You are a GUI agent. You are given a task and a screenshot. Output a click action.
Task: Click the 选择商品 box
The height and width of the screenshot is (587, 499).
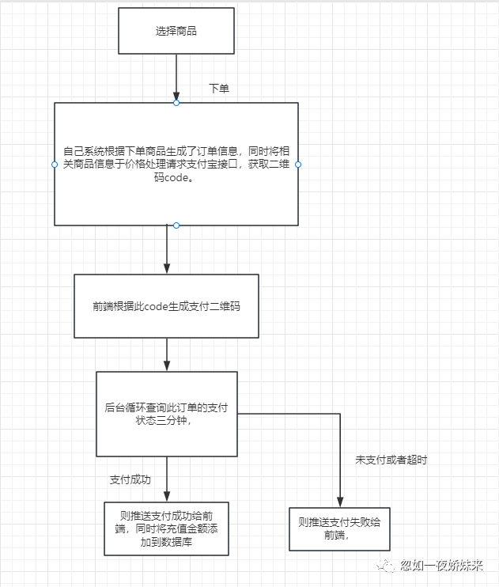click(176, 32)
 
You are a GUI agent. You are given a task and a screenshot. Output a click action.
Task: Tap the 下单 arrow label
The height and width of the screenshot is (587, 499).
click(219, 89)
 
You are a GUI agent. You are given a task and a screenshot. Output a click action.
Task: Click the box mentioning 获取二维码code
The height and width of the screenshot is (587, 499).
click(176, 164)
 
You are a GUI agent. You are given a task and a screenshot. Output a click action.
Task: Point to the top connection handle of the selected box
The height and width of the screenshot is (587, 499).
click(176, 103)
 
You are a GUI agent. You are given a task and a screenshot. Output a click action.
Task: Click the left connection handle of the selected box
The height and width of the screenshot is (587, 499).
click(55, 165)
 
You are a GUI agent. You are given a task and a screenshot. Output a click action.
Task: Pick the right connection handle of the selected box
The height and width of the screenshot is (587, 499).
click(298, 165)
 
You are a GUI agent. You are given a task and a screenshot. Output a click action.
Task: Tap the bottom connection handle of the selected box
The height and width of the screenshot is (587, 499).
click(176, 225)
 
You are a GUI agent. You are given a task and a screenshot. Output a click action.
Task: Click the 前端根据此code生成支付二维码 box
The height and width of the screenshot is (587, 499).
click(166, 306)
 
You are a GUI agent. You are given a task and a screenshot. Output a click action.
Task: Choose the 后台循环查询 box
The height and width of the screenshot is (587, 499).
click(167, 414)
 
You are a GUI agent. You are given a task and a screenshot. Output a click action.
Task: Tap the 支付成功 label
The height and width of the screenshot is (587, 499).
click(130, 479)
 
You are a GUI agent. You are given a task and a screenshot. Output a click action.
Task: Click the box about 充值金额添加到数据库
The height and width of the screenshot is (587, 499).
click(167, 528)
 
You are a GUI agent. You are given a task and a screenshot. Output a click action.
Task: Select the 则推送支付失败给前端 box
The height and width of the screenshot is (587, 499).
click(339, 528)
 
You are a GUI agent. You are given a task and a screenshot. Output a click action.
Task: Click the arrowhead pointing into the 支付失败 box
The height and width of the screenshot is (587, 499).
click(339, 501)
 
